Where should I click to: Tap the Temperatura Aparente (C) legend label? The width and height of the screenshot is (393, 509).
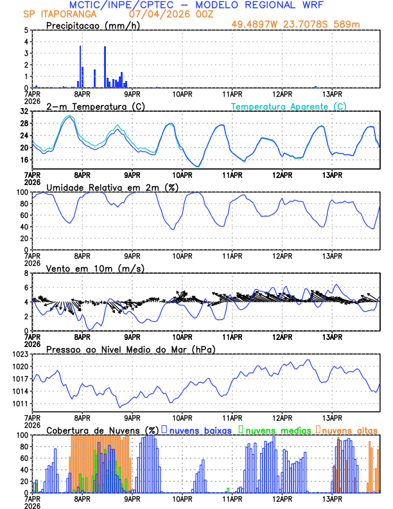[x=288, y=106]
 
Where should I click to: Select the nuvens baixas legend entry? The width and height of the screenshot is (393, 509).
[x=200, y=429]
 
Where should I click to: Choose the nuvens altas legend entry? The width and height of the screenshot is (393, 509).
[x=349, y=429]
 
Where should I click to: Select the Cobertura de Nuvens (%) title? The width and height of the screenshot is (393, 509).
[x=102, y=429]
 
